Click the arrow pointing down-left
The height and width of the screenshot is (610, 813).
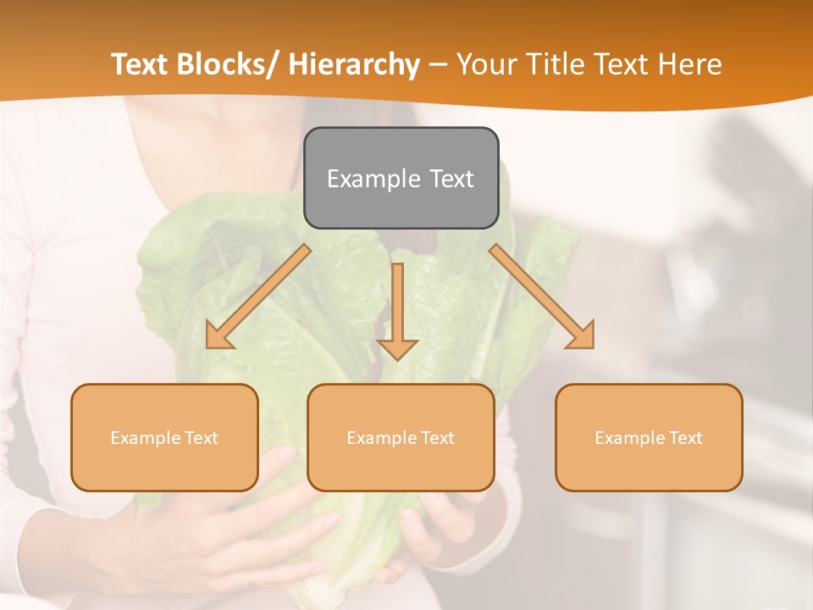259,297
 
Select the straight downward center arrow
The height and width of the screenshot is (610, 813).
397,309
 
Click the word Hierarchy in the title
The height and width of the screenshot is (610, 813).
355,64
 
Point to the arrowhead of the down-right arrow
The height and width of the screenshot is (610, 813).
583,337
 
